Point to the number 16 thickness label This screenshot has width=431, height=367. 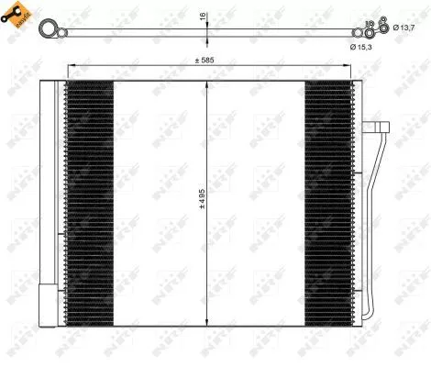[x=204, y=17]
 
